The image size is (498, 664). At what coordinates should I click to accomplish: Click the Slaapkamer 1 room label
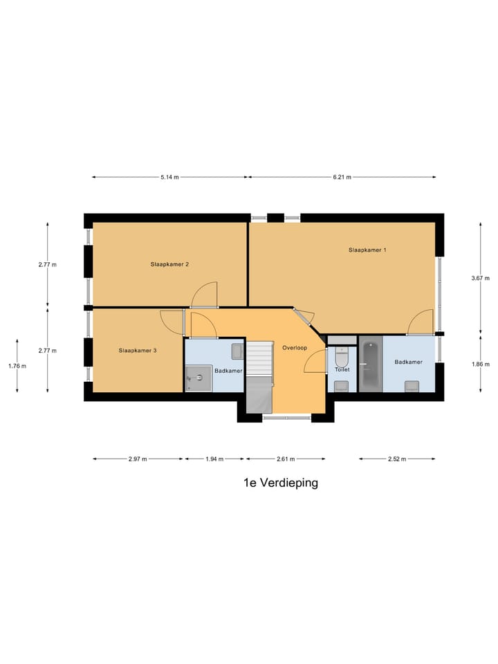tap(367, 250)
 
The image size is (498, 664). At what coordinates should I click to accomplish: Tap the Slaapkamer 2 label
tap(170, 264)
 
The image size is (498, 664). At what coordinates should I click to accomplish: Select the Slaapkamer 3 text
tap(138, 351)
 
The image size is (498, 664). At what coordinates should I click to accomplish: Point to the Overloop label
tap(295, 347)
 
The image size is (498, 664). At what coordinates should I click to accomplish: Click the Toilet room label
tap(342, 370)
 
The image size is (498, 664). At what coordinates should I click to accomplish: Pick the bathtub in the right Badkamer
tap(370, 364)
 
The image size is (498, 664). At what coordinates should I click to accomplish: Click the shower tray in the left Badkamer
tap(199, 378)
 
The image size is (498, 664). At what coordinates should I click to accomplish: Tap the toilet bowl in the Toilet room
tap(342, 358)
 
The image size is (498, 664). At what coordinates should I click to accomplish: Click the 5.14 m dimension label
tap(169, 177)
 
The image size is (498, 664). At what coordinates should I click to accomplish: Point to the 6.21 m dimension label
tap(342, 177)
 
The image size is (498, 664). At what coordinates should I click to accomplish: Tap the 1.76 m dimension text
tap(17, 366)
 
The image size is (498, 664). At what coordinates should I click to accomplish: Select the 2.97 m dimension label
tap(138, 459)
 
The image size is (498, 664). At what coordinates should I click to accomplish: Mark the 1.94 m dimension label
tap(214, 459)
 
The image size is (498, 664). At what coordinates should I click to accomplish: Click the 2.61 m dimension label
tap(286, 459)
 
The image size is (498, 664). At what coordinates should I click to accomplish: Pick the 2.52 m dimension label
tap(396, 459)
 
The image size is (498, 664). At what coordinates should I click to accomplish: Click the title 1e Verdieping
tap(281, 483)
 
